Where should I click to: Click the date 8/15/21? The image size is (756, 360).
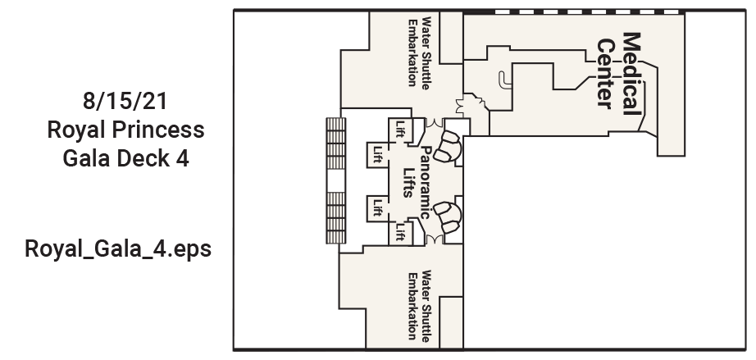coord(125,101)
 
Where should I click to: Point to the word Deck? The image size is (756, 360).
coord(143,158)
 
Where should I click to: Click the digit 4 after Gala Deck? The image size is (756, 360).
coord(182,158)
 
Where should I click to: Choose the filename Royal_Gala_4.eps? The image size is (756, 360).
coord(118,249)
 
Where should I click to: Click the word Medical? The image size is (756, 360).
coord(632,73)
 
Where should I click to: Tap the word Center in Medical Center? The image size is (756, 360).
coord(606,74)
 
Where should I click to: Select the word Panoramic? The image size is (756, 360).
coord(425,183)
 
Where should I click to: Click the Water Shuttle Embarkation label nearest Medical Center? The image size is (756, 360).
coord(420,52)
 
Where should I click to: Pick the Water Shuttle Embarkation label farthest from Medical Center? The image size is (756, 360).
coord(419,305)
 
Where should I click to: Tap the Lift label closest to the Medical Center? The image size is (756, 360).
coord(400,129)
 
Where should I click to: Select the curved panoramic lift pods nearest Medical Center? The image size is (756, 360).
coord(448,145)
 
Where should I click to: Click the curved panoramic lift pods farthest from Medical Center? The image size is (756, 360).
coord(448,218)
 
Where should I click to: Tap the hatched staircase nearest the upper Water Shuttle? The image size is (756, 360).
coord(336,144)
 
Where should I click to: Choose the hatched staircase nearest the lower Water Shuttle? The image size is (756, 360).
coord(336,218)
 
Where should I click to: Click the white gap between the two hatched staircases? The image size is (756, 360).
coord(336,180)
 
